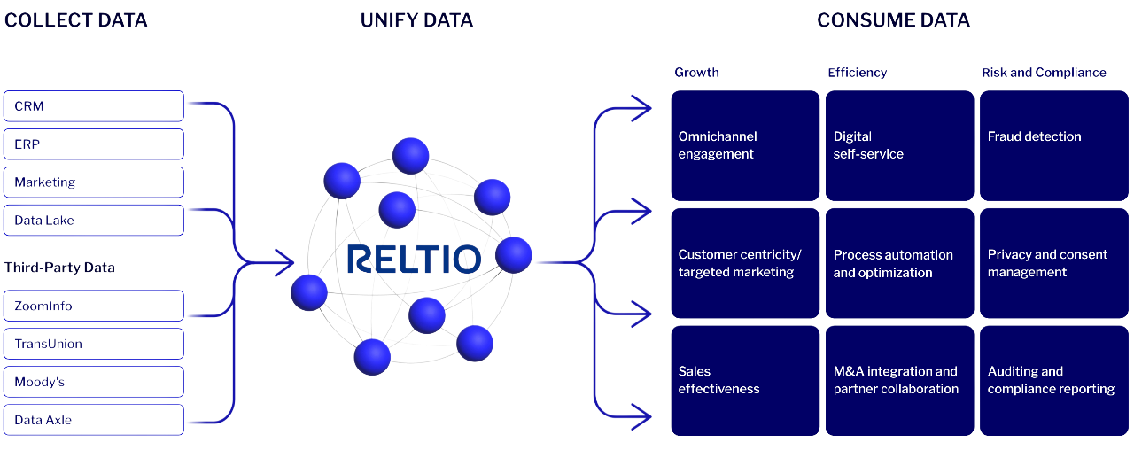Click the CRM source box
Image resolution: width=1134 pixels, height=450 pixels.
click(x=93, y=106)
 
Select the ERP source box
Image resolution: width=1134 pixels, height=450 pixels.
click(x=93, y=144)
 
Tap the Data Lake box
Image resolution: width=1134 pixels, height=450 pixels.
click(x=93, y=221)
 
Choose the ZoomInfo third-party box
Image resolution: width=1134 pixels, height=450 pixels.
click(x=93, y=306)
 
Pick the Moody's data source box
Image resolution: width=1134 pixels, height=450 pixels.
click(x=93, y=382)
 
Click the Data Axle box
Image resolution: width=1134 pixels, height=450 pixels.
click(x=93, y=420)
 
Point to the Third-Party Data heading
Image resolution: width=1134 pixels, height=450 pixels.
click(x=59, y=268)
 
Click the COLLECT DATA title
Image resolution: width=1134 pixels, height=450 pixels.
click(x=75, y=20)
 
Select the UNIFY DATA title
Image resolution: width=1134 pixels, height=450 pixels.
click(x=416, y=20)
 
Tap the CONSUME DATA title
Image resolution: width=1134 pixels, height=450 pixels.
click(x=893, y=20)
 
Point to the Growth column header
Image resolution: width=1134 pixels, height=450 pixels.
click(x=696, y=73)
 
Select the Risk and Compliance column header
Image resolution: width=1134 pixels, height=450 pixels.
click(x=1044, y=73)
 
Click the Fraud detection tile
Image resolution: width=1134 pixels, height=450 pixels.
click(x=1053, y=145)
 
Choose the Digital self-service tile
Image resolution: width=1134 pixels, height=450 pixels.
click(x=899, y=145)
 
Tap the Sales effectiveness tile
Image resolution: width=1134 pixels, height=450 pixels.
click(x=745, y=380)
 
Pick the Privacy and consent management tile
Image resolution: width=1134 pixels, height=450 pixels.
click(x=1053, y=263)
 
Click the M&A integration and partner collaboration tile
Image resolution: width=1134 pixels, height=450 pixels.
click(x=899, y=380)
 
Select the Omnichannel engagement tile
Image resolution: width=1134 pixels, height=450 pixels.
click(x=745, y=145)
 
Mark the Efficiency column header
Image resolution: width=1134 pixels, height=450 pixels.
click(x=857, y=73)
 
